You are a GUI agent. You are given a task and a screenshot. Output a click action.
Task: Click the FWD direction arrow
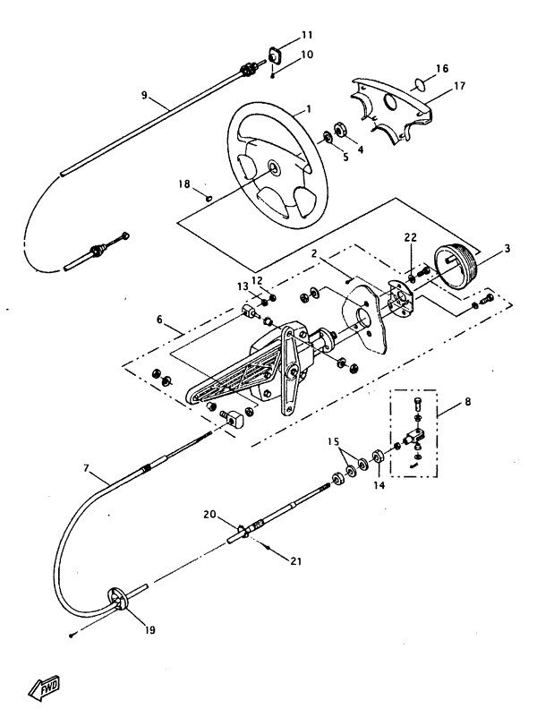(x=45, y=687)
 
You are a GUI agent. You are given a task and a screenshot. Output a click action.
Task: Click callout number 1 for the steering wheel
(x=309, y=109)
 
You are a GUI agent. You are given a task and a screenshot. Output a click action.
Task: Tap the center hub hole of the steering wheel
(x=275, y=166)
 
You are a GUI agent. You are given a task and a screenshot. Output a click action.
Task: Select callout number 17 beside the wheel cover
(x=459, y=86)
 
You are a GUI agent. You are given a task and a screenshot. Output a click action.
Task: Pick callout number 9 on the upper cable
(x=144, y=95)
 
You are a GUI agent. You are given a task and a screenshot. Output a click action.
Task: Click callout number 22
(x=411, y=237)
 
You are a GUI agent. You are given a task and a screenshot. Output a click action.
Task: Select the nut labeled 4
(x=340, y=129)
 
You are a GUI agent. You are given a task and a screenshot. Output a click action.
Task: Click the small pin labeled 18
(x=209, y=198)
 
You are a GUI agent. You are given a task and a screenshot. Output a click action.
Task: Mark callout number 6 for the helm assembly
(x=159, y=320)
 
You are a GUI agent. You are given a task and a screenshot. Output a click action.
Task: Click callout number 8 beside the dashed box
(x=467, y=402)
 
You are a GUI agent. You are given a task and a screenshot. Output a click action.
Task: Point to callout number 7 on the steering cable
(x=86, y=468)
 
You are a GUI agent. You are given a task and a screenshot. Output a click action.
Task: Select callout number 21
(x=295, y=560)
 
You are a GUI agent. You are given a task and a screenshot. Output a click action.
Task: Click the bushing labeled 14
(x=379, y=457)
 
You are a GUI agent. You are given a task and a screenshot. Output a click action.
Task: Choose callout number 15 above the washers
(x=333, y=441)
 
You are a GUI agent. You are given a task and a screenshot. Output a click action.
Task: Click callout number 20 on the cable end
(x=209, y=515)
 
